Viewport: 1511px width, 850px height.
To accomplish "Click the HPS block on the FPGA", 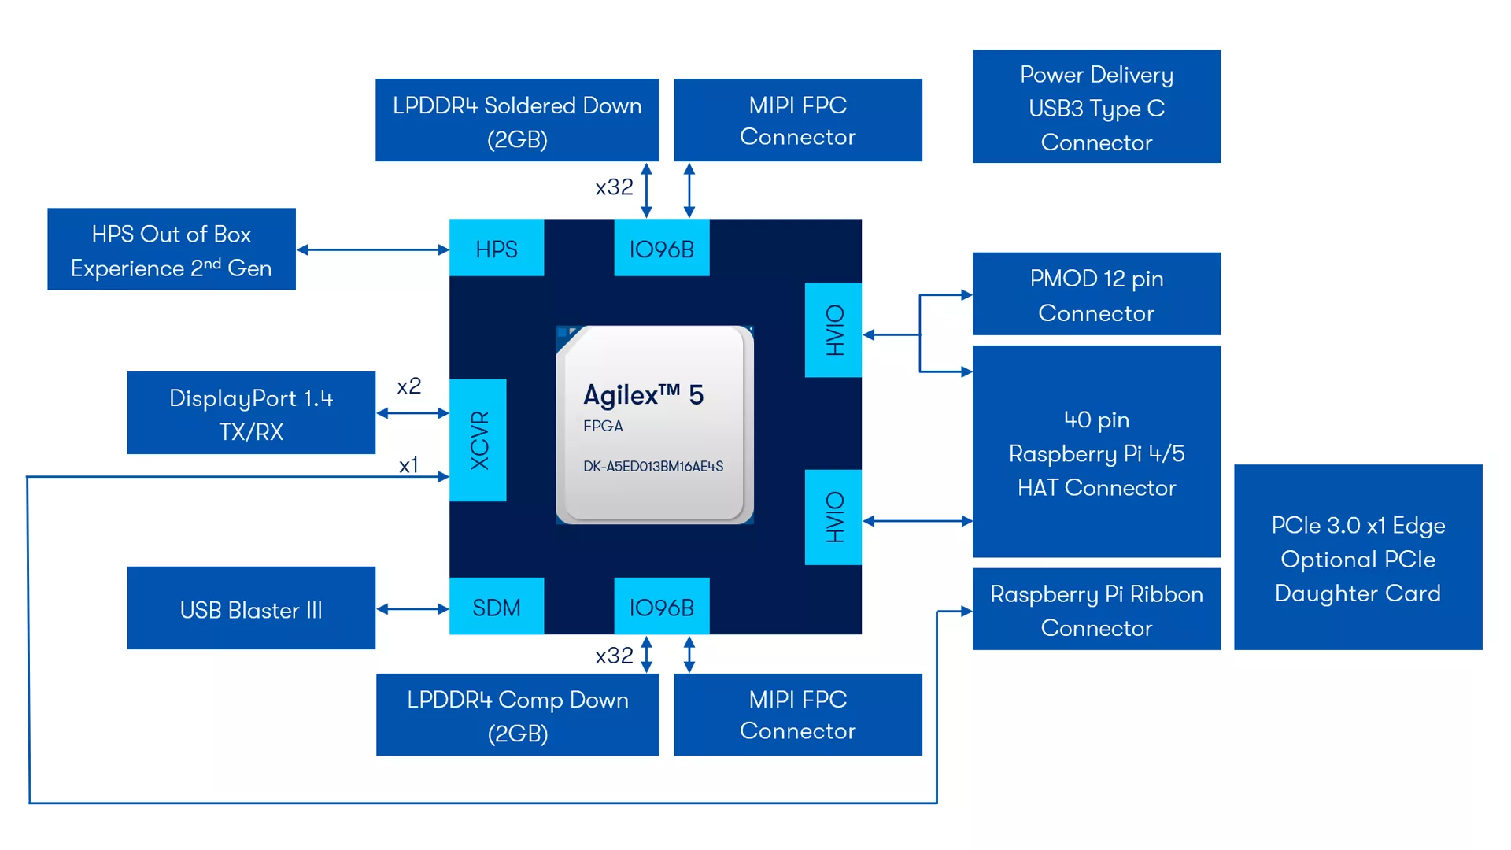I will click(497, 249).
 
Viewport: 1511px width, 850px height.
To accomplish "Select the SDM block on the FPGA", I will click(497, 607).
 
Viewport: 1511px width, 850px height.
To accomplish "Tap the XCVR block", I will click(478, 440).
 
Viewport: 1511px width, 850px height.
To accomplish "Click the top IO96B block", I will click(661, 249).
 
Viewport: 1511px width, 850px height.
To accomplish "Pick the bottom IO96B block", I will click(661, 607).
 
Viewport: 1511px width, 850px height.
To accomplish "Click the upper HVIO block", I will click(833, 330).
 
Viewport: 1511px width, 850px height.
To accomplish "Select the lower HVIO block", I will click(833, 517).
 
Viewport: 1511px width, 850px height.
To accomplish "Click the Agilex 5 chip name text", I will click(643, 394).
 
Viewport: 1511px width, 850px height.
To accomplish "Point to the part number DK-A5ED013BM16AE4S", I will click(652, 466).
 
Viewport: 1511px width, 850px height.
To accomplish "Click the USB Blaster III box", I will click(251, 608).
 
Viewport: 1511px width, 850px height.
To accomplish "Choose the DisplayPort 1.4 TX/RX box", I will click(251, 413).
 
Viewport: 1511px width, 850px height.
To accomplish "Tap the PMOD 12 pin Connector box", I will click(1096, 294).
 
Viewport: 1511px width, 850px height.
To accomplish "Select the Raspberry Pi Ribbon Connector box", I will click(1096, 610).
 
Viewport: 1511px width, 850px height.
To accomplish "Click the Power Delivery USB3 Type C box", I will click(1096, 107).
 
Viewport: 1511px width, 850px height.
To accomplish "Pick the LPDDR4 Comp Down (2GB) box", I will click(517, 715).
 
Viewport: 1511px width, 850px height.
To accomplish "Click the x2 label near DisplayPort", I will click(408, 386).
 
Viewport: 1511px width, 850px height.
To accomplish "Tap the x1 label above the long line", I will click(408, 465).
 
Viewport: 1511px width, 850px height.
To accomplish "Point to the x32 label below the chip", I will click(614, 656).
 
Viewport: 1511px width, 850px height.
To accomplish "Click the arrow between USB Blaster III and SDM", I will click(412, 608).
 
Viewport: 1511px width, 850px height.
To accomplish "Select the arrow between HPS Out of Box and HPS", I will click(373, 249).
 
